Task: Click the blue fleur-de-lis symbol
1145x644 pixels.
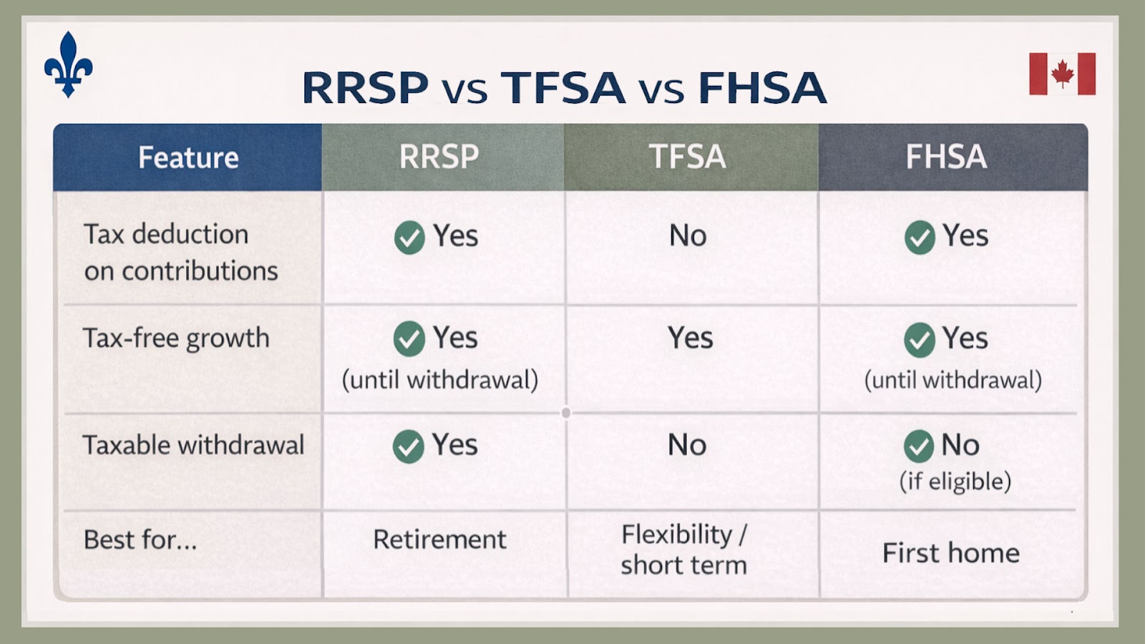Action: click(x=68, y=64)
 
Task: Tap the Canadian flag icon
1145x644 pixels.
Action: click(x=1062, y=74)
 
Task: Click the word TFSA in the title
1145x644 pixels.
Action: click(x=562, y=88)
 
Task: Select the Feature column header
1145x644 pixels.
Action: click(x=188, y=157)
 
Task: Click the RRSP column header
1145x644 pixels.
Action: click(x=439, y=157)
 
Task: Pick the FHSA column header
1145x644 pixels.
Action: click(x=946, y=157)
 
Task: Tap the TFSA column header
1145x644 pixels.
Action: click(x=687, y=157)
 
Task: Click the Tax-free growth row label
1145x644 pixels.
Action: click(x=176, y=338)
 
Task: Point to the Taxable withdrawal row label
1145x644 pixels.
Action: click(x=193, y=445)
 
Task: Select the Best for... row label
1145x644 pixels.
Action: click(x=140, y=540)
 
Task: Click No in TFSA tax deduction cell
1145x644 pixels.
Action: click(x=688, y=235)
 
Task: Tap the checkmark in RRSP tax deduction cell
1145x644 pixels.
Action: click(x=409, y=238)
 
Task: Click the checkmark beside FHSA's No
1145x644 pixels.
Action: click(x=918, y=447)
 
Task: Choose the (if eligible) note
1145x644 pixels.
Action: click(x=955, y=481)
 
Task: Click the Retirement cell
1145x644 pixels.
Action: click(x=439, y=540)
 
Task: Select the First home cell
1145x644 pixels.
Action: click(x=950, y=553)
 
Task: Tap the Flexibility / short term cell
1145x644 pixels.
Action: click(x=683, y=550)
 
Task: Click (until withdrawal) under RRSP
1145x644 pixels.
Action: click(x=439, y=380)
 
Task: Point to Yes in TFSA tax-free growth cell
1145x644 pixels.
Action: click(x=690, y=338)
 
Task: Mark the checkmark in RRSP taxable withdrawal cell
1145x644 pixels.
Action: click(x=408, y=447)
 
